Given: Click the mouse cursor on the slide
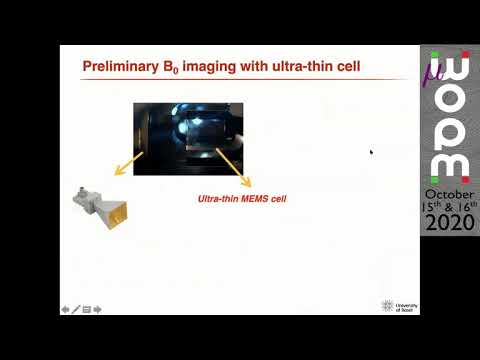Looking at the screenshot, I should [371, 152].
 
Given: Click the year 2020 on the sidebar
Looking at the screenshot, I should [450, 226].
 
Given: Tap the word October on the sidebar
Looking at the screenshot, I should [450, 193].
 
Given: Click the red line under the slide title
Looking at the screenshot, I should [240, 79].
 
